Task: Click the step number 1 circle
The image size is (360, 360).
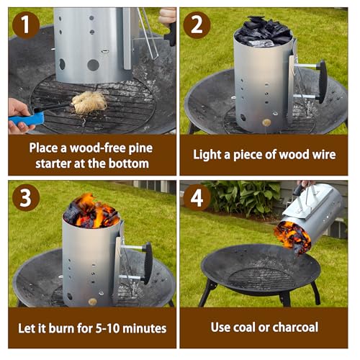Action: coord(24,25)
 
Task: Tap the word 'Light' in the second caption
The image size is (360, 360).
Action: coord(210,155)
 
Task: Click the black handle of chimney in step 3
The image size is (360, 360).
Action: coord(148,264)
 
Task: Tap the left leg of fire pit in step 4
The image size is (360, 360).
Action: coord(209,291)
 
